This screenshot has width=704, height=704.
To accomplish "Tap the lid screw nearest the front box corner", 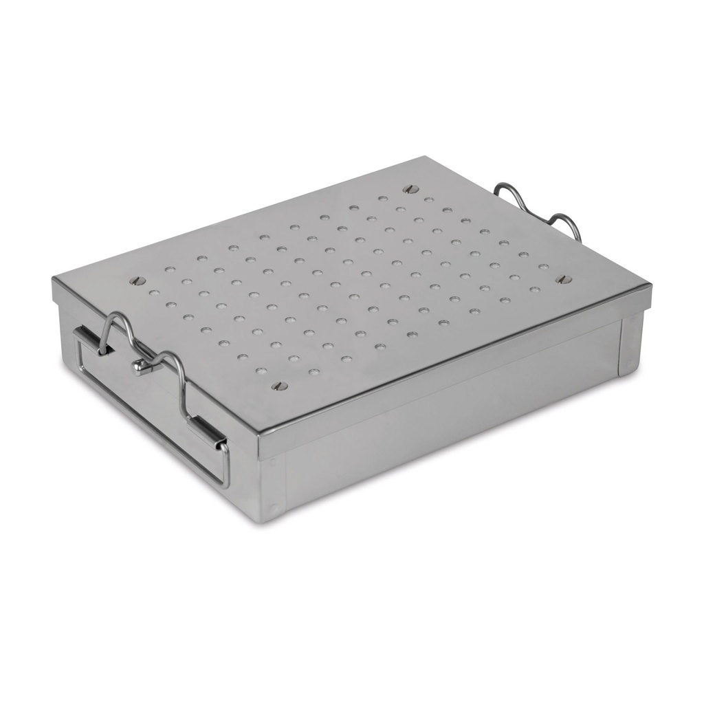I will click(x=279, y=386).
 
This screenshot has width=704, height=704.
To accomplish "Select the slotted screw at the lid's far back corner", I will click(x=411, y=188).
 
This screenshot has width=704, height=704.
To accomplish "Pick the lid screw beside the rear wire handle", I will click(x=564, y=279).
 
